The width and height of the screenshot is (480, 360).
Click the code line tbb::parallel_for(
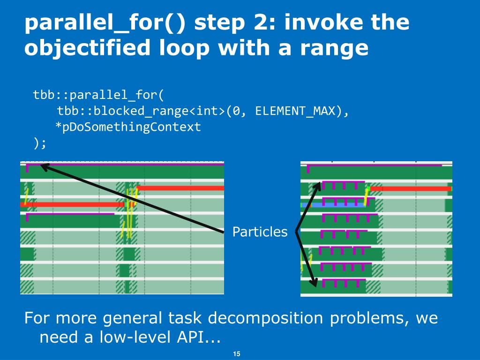[x=98, y=95]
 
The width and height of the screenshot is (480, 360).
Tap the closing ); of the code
[x=40, y=142]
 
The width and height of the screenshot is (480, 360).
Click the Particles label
[x=260, y=232]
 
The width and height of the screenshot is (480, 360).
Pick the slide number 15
[x=237, y=354]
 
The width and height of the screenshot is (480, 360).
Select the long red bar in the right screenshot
[x=411, y=188]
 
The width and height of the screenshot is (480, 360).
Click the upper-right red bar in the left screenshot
[x=180, y=188]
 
